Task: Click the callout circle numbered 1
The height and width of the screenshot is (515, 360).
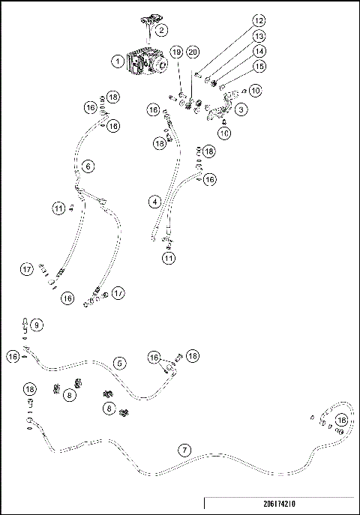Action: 118,61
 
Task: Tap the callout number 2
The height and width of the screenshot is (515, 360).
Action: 162,31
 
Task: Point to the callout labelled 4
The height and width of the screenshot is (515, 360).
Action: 154,202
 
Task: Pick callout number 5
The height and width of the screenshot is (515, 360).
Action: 119,363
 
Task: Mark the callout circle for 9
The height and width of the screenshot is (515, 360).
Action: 37,325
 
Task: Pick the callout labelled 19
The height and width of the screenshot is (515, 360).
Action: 176,52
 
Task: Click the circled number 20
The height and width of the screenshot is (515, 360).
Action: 193,52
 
